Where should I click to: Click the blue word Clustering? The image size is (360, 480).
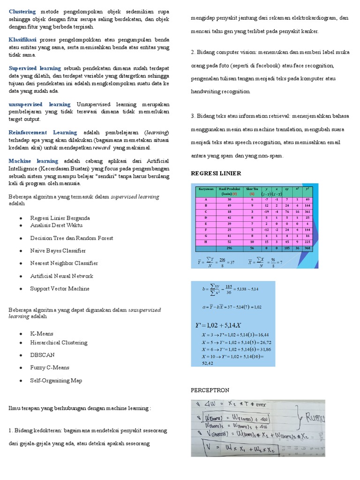22,11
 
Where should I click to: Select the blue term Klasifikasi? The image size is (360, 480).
22,40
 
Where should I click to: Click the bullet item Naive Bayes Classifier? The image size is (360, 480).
58,251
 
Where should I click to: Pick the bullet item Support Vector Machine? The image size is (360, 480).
60,289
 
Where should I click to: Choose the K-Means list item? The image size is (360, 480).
42,334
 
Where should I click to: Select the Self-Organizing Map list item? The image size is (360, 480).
56,381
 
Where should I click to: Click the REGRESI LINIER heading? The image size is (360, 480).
216,173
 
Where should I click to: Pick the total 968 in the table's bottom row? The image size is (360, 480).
307,248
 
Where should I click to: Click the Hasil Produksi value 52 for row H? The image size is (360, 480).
229,242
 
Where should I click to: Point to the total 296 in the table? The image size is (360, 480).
229,248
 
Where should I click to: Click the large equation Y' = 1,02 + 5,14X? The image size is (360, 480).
218,325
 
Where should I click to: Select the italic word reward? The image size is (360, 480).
101,147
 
